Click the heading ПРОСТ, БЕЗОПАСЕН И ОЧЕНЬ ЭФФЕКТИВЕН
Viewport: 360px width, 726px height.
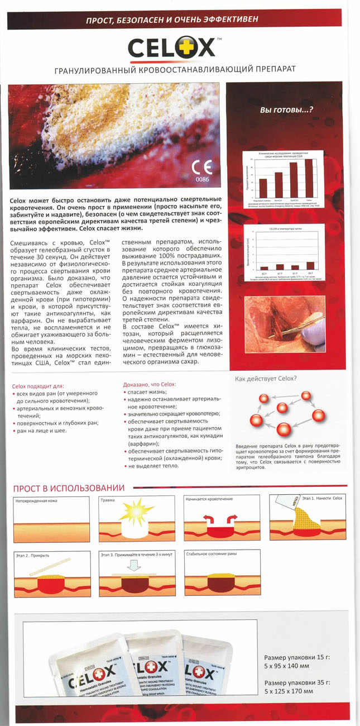coord(180,21)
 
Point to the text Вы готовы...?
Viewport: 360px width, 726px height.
coord(286,110)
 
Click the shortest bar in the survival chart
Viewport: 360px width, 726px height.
coord(263,189)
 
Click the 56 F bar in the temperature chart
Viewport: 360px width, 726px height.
coord(310,266)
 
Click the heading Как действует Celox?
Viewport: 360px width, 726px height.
coord(266,378)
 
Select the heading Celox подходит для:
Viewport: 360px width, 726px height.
coord(38,385)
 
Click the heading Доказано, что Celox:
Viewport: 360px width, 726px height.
coord(149,384)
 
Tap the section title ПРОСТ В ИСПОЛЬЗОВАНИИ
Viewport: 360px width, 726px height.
coord(69,488)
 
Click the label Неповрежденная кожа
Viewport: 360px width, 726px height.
coord(35,501)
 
